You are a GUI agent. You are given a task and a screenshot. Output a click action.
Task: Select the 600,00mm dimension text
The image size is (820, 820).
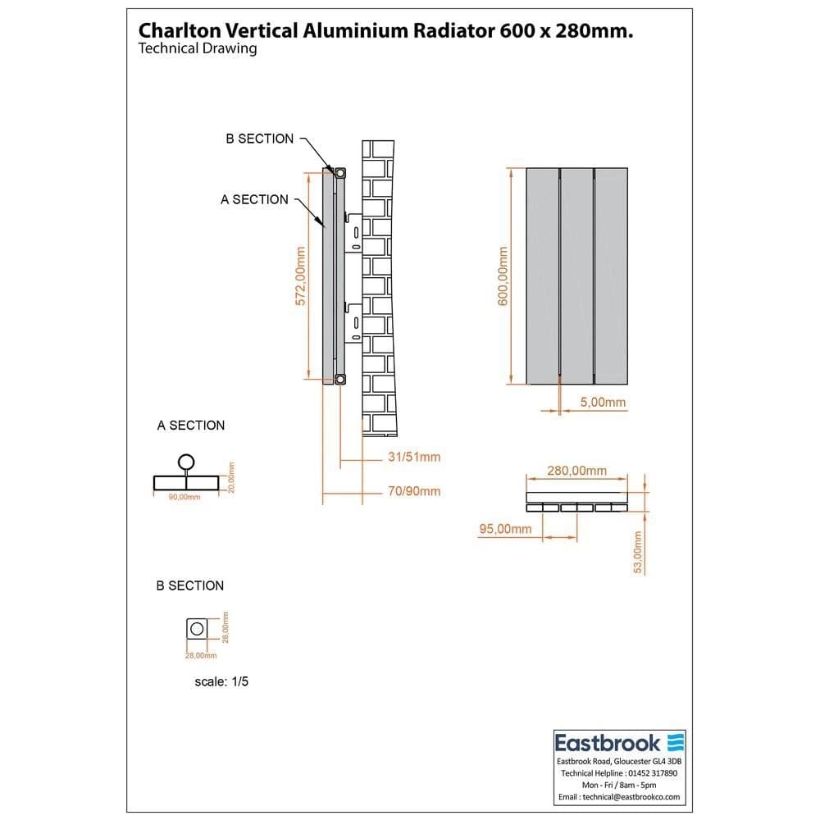pyautogui.click(x=503, y=276)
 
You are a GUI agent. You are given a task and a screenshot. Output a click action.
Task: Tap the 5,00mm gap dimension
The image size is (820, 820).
pyautogui.click(x=603, y=402)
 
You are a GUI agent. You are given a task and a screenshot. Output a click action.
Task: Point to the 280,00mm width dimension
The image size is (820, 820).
pyautogui.click(x=577, y=471)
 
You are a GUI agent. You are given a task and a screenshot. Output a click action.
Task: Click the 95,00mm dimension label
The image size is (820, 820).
pyautogui.click(x=505, y=530)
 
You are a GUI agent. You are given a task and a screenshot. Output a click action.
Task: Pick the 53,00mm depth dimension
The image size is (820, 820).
pyautogui.click(x=638, y=551)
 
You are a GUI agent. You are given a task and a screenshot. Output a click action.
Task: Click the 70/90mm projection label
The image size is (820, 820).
pyautogui.click(x=414, y=491)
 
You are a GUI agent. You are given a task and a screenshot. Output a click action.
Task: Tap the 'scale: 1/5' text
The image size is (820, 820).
pyautogui.click(x=221, y=681)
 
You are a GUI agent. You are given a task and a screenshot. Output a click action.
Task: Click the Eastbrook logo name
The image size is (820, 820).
pyautogui.click(x=608, y=743)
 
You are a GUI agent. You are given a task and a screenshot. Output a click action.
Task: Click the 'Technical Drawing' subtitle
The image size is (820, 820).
pyautogui.click(x=198, y=48)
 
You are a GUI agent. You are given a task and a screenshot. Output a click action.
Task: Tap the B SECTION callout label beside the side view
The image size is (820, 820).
pyautogui.click(x=259, y=139)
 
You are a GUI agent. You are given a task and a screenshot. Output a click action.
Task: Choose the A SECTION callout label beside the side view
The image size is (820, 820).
pyautogui.click(x=254, y=199)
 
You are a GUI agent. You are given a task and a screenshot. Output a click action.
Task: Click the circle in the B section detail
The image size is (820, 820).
pyautogui.click(x=197, y=629)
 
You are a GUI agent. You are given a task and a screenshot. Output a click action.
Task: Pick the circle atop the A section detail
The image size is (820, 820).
pyautogui.click(x=187, y=461)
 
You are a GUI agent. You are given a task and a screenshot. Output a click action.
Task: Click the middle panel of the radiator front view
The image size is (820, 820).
pyautogui.click(x=577, y=276)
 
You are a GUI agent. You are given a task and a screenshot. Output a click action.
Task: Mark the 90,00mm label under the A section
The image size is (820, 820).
pyautogui.click(x=184, y=497)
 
